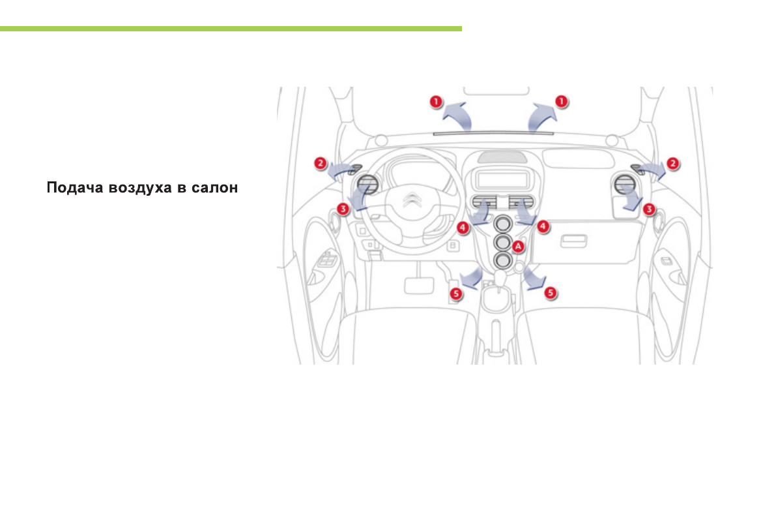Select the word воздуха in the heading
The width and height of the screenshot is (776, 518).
138,189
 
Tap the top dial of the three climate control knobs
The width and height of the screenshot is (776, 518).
502,225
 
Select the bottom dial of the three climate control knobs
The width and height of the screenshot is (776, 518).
502,261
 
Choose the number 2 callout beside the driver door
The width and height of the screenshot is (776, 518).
320,163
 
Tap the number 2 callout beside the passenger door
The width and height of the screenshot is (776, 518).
674,163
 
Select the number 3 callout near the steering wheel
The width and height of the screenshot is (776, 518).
343,209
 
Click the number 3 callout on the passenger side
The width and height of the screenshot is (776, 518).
648,209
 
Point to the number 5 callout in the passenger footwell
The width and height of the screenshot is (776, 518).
551,293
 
